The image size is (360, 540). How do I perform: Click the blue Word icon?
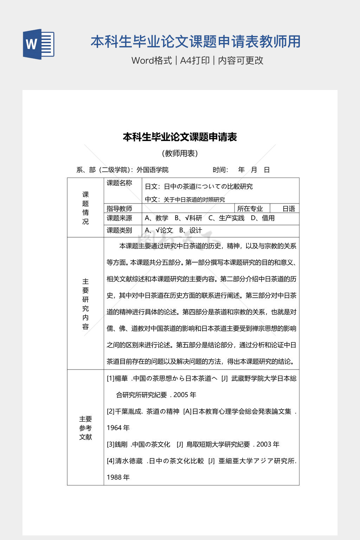point(39,44)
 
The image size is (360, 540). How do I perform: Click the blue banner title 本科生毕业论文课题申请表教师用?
point(195,41)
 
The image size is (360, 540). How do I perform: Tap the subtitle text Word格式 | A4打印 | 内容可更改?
point(197,60)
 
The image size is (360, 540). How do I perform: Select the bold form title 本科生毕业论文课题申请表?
point(180,137)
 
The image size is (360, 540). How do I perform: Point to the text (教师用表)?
point(180,153)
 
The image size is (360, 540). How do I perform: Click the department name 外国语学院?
point(152,170)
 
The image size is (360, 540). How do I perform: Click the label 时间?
point(220,170)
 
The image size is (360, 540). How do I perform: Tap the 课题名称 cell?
point(120,183)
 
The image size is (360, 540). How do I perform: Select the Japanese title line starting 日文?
point(199,186)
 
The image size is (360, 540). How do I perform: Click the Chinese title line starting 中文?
point(185,199)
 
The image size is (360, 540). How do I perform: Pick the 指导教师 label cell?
point(120,208)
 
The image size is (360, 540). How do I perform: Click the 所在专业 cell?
point(250,208)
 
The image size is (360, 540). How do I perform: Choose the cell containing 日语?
point(289,208)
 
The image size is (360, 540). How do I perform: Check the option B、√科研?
point(188,218)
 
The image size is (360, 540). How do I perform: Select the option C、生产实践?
point(226,218)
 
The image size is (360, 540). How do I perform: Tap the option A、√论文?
point(159,230)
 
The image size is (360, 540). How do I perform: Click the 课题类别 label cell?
point(120,230)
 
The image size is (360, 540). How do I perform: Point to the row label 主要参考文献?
point(85,428)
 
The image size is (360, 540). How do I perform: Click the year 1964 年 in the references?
point(118,428)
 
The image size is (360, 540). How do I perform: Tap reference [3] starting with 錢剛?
point(193,444)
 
